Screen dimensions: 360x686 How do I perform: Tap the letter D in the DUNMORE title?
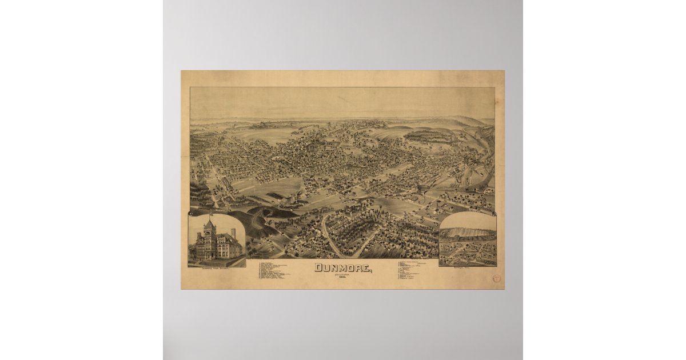pos(317,267)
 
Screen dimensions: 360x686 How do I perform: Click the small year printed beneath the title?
pos(343,278)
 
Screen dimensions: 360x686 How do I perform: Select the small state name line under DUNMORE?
pos(343,274)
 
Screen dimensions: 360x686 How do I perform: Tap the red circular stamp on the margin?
pos(495,278)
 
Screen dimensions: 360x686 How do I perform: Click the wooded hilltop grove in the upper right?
pos(429,136)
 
